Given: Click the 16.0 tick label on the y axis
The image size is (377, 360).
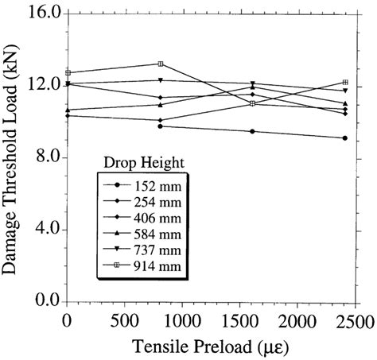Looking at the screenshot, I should [38, 14].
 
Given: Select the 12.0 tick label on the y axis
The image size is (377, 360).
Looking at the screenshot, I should [38, 86].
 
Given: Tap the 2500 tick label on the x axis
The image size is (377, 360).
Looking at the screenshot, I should [356, 321].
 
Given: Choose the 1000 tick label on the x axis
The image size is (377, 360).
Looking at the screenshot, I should [182, 321].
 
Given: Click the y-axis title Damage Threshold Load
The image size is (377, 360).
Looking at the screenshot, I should [14, 159].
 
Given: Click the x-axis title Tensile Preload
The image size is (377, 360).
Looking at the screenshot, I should [211, 346].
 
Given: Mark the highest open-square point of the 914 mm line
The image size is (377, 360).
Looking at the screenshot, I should [161, 64].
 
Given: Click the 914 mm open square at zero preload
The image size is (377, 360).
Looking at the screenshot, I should [68, 73].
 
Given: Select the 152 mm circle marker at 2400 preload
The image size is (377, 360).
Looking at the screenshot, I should [344, 138].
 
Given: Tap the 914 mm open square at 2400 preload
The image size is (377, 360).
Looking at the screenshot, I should [344, 83].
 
